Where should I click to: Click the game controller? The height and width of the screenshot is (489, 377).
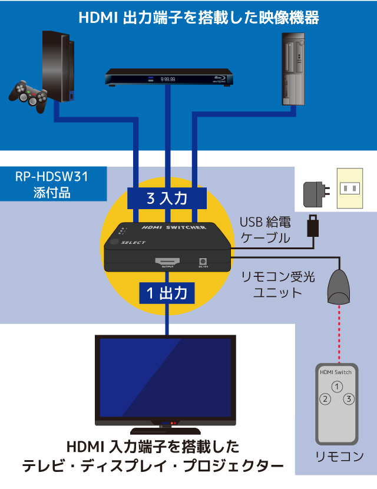pos(29,96)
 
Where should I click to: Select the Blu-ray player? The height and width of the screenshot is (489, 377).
pos(169,77)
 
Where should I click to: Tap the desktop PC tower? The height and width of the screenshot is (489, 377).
pos(293,69)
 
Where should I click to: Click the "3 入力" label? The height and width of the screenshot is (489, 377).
pos(167,199)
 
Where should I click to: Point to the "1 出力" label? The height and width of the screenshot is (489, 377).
pos(167,293)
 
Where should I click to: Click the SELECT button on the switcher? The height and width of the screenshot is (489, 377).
pos(114,242)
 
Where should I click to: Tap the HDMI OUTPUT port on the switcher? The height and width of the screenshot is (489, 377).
pos(167,262)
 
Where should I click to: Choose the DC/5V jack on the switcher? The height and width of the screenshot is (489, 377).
pos(203,262)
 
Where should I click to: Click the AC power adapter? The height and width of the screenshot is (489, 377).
pos(316,194)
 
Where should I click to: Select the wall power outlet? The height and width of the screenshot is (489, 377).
pos(349,189)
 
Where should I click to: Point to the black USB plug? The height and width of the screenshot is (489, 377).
pos(313,226)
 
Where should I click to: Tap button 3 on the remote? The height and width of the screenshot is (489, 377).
pos(349,398)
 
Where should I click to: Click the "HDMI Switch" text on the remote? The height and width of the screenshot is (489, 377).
pos(336,372)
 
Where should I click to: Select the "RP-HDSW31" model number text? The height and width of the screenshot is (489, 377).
pos(52,177)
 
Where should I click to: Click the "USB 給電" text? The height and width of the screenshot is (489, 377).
pos(265,222)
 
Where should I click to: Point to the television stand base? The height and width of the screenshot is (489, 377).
pos(166,431)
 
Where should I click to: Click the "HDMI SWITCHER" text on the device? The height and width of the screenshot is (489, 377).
pos(174,227)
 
